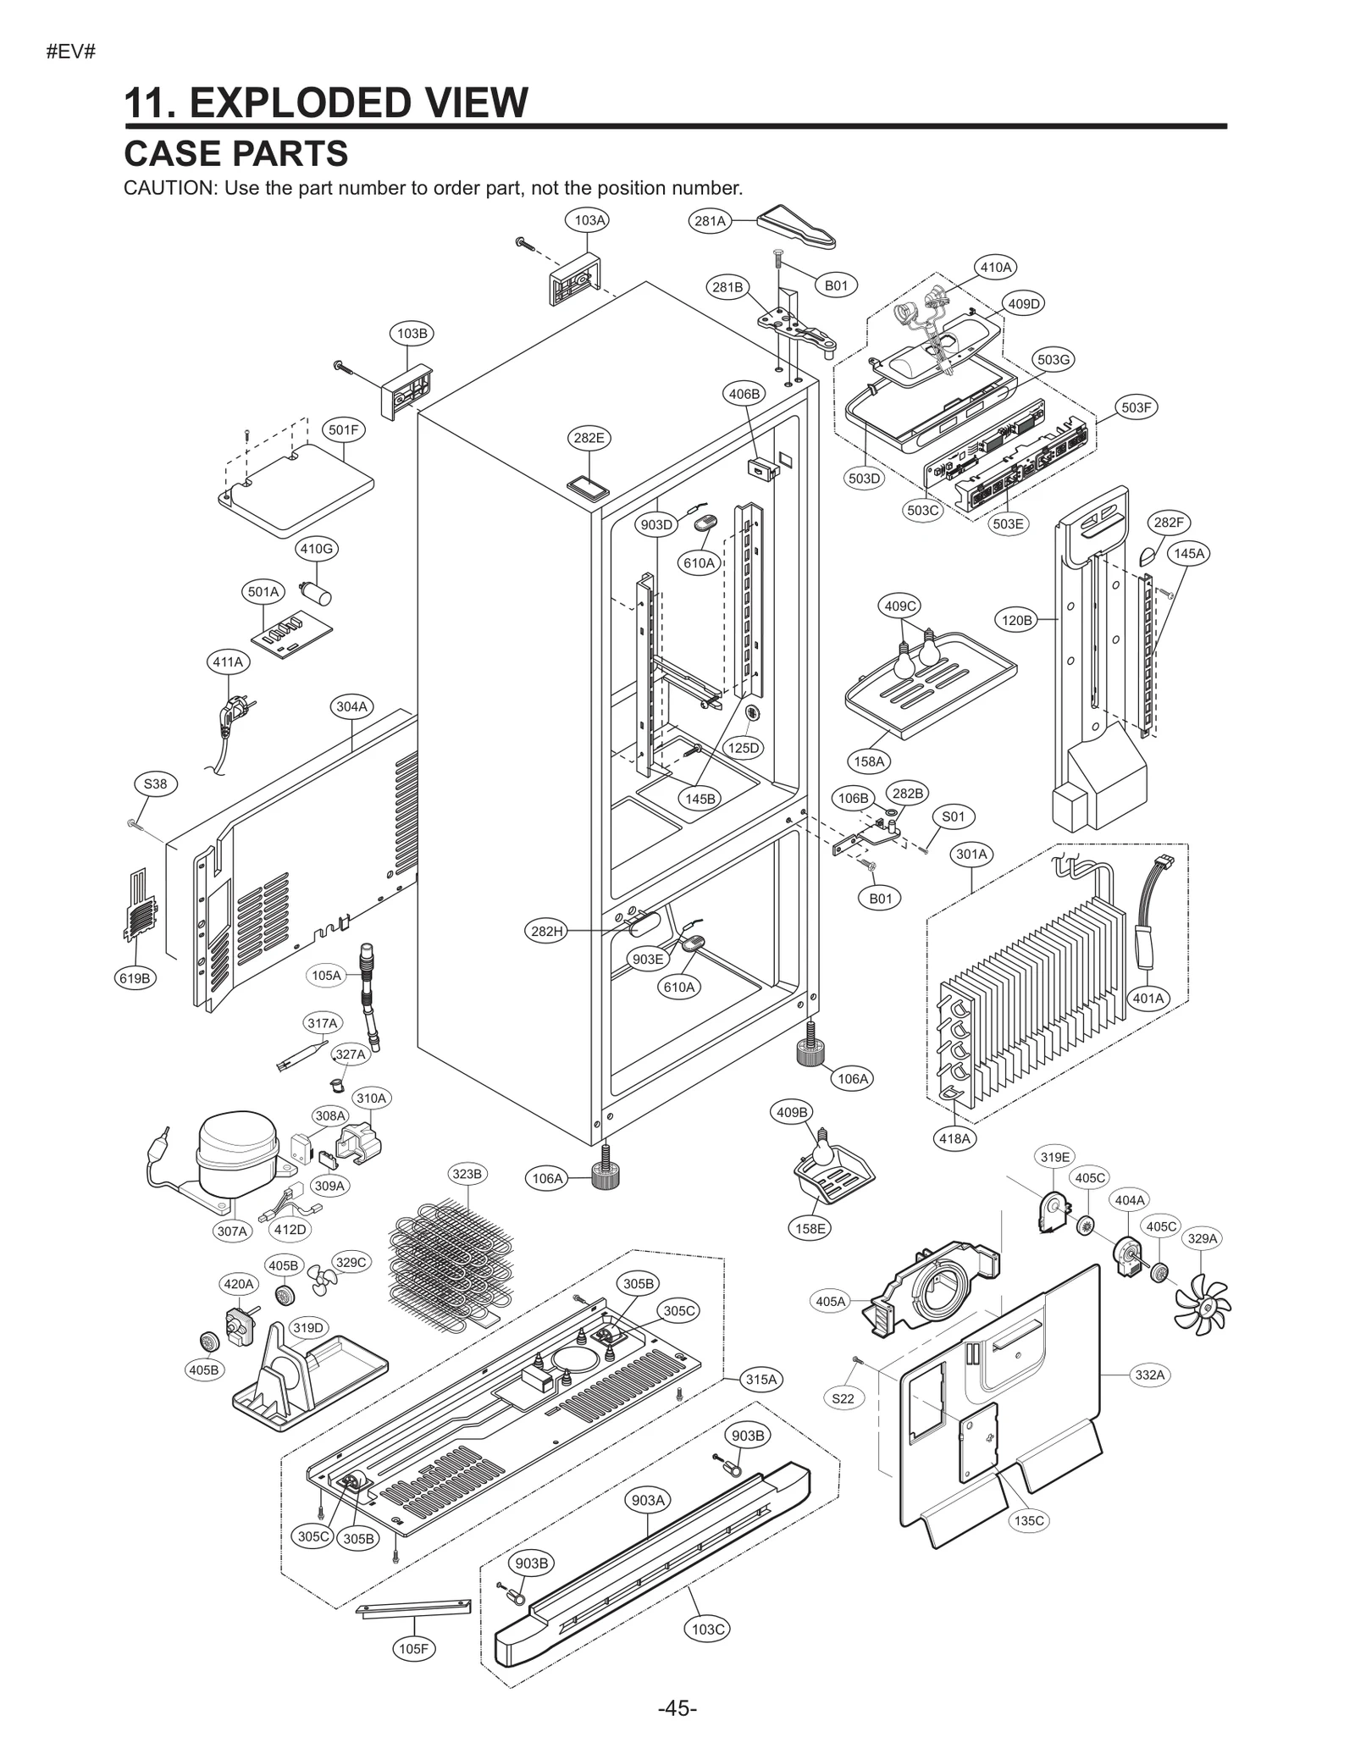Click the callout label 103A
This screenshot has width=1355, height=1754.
590,220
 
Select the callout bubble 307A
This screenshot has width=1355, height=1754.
231,1231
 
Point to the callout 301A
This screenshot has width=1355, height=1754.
972,854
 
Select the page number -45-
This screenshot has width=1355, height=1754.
677,1707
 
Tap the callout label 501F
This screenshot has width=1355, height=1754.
343,429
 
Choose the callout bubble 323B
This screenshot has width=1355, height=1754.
467,1174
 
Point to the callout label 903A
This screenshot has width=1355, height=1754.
648,1500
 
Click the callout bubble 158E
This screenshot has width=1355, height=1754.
810,1228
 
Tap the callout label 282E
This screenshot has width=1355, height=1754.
589,438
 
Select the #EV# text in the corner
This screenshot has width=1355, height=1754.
70,52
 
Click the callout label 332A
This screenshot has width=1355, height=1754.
1150,1375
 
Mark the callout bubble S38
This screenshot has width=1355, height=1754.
155,784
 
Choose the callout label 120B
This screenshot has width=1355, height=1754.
1017,620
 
